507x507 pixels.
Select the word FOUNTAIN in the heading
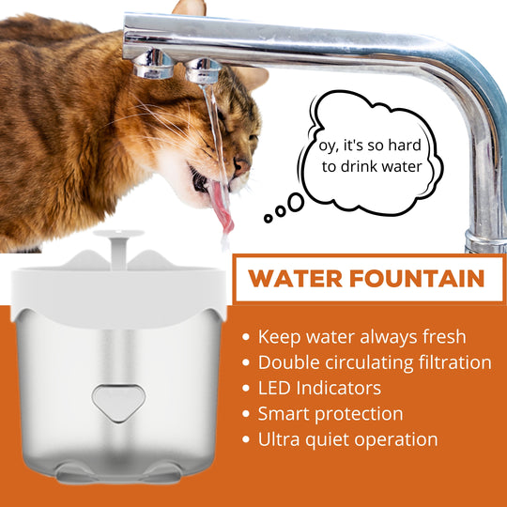(417, 279)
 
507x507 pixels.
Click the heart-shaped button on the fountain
(118, 403)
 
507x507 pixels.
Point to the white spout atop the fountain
(118, 249)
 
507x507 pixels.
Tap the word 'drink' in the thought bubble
(359, 166)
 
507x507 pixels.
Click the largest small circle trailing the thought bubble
(296, 203)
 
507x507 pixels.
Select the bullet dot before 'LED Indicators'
(246, 388)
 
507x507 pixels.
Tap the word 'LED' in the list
(274, 388)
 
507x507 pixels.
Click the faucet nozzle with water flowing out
(203, 70)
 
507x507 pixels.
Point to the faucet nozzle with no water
(154, 64)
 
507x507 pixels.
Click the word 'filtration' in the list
(455, 362)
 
